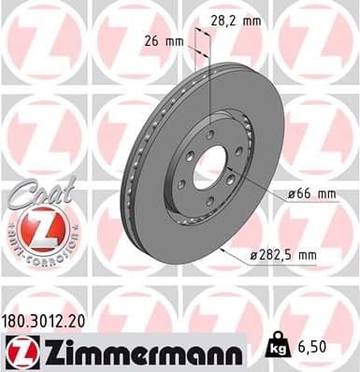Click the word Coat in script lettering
click(x=33, y=193)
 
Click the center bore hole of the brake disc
click(x=210, y=165)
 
